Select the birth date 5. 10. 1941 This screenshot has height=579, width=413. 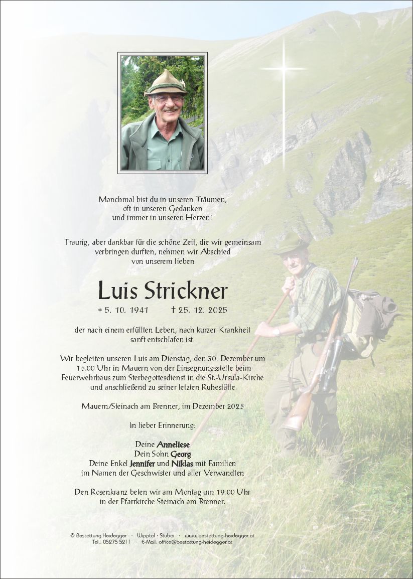pos(123,310)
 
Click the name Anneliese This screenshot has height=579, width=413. pos(173,445)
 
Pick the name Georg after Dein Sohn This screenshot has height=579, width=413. pos(181,454)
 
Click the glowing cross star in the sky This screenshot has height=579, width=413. pos(284,68)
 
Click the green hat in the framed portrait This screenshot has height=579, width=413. pos(165,83)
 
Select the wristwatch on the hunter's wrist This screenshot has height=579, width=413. pos(277,331)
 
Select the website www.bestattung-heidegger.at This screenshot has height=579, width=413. pos(219,535)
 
